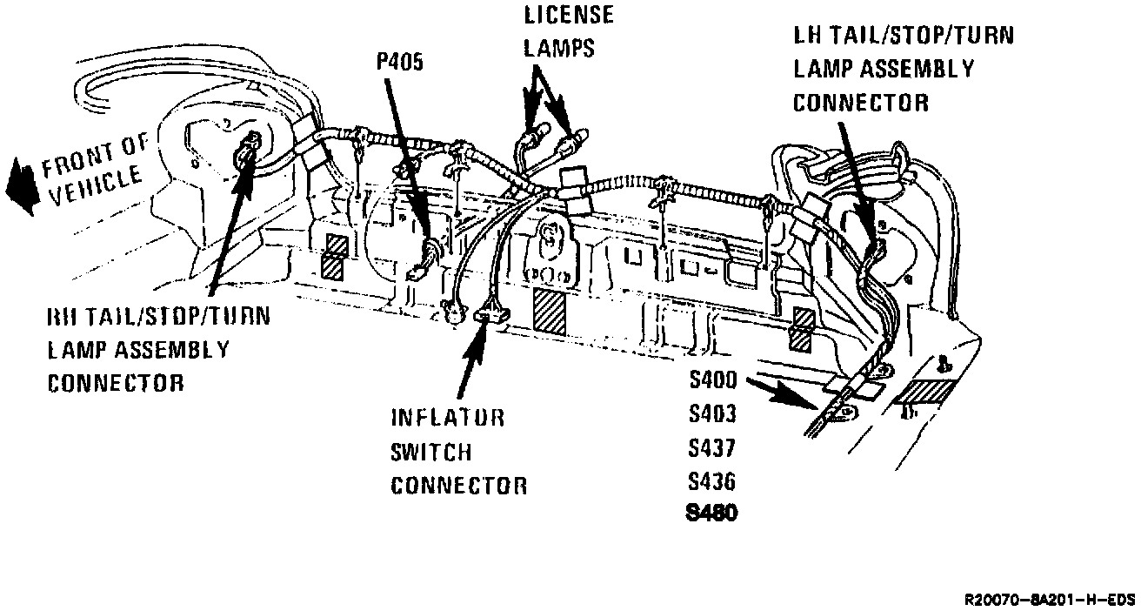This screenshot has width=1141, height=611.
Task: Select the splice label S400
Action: tap(712, 380)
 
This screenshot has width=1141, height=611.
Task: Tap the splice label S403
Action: tap(712, 414)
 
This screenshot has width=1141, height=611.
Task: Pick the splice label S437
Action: tap(712, 448)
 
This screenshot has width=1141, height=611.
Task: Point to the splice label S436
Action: tap(712, 481)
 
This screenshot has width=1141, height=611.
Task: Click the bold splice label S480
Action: tap(712, 514)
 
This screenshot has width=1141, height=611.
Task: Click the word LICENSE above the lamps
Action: tap(568, 15)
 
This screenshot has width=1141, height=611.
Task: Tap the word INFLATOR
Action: tap(448, 418)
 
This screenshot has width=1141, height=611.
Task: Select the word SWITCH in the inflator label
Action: tap(431, 452)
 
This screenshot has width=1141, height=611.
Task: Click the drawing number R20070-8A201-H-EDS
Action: tap(1050, 600)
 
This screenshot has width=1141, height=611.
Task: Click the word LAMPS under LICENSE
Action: tap(559, 48)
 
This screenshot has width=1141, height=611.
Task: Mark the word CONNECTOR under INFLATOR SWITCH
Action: tap(458, 486)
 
